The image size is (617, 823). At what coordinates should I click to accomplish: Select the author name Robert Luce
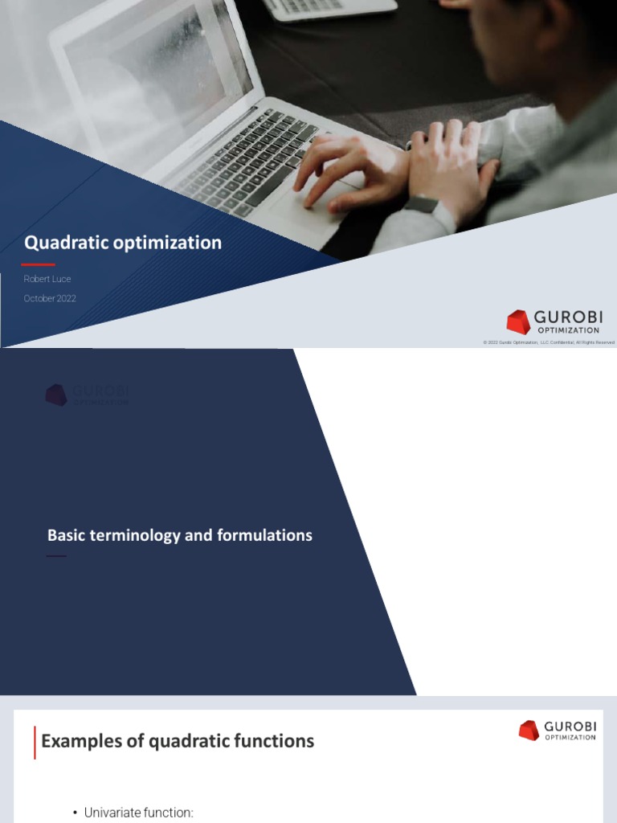click(x=47, y=279)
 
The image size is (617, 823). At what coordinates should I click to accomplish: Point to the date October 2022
click(x=50, y=298)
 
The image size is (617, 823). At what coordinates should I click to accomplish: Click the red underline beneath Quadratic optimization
click(x=38, y=264)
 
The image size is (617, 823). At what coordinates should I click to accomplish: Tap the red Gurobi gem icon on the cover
click(x=518, y=321)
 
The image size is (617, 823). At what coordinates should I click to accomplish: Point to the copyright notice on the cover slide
click(x=549, y=342)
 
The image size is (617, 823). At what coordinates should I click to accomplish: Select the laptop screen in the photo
click(x=161, y=80)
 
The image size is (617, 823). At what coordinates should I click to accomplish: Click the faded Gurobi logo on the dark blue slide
click(x=87, y=395)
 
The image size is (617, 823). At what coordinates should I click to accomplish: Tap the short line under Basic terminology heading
click(x=56, y=556)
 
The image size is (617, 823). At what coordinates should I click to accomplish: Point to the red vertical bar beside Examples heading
click(x=35, y=742)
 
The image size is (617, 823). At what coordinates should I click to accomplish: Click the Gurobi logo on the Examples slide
click(x=558, y=730)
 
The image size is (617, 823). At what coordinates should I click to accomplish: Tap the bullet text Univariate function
click(x=138, y=813)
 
